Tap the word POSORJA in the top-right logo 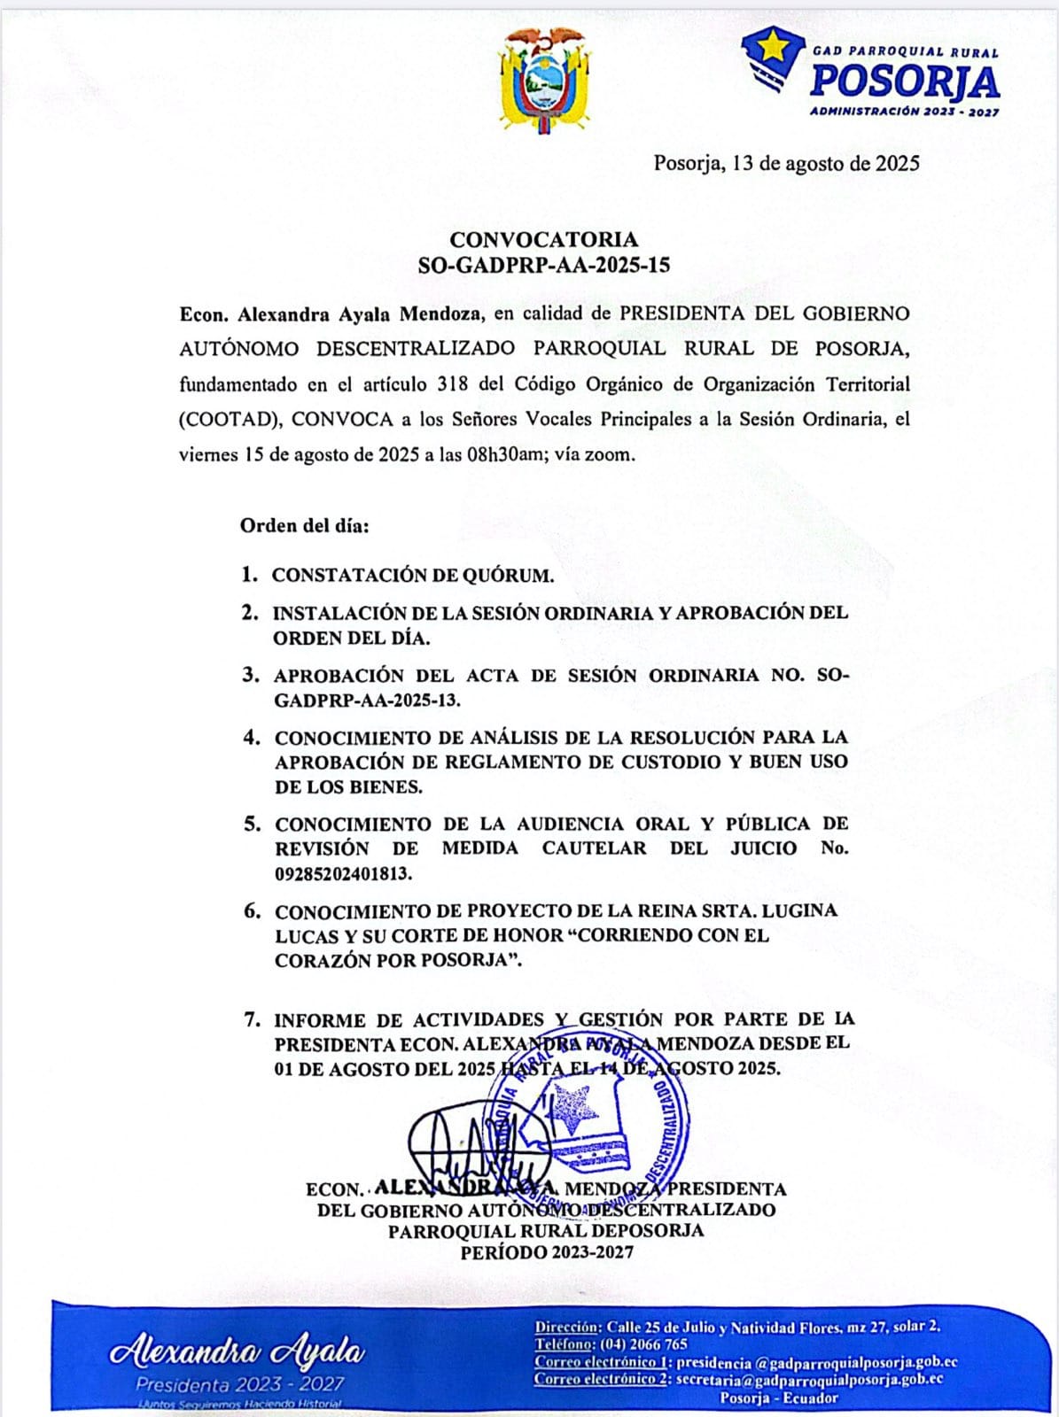[905, 82]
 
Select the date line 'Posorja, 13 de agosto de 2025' [786, 163]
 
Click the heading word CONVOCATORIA [543, 239]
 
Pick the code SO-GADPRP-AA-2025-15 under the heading [543, 265]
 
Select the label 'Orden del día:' [304, 525]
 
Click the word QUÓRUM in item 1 [508, 576]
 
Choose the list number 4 [252, 737]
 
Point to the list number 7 [252, 1019]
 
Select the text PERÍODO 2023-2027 [547, 1251]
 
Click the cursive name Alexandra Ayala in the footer [237, 1352]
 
